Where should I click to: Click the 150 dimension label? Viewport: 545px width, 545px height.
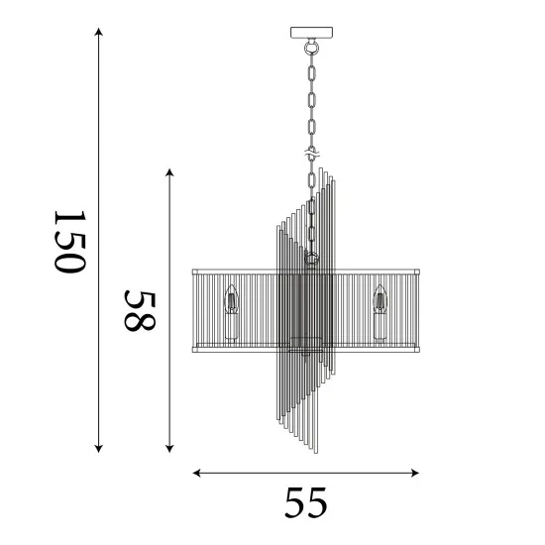[70, 242]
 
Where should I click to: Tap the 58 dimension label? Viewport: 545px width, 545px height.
[140, 311]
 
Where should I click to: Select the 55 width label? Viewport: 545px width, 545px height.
[305, 502]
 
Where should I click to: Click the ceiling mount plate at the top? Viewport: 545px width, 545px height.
[311, 33]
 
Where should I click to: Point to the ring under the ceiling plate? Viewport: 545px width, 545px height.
[311, 48]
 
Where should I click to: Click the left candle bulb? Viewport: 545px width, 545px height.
[231, 299]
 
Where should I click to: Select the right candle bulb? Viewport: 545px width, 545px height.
[380, 299]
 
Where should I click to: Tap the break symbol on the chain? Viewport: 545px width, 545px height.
[312, 154]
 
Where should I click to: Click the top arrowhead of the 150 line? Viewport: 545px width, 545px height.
[99, 32]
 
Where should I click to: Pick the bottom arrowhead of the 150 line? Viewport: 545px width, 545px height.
[99, 448]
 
